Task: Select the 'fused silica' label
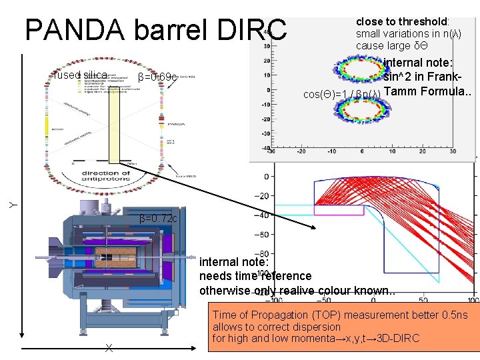click(80, 75)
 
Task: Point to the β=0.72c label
click(159, 219)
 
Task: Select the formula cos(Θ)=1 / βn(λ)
click(341, 94)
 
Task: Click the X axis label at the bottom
click(108, 347)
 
